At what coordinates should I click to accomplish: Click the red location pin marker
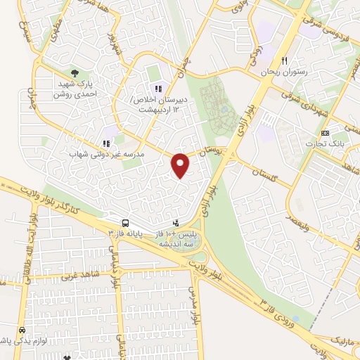coord(181,165)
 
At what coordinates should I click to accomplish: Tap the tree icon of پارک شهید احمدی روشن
coord(75,72)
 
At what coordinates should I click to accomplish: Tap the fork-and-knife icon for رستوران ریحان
coord(284,60)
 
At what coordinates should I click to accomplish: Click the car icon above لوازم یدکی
coord(22,329)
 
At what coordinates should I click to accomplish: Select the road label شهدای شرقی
coord(304,105)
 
